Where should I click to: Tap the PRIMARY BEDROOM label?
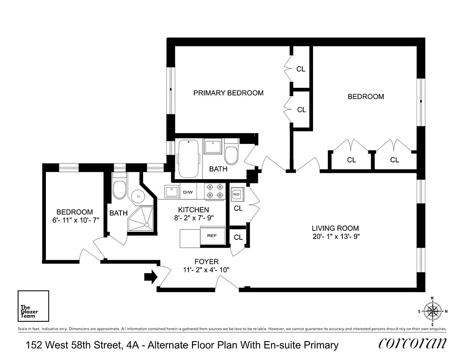[x=228, y=93]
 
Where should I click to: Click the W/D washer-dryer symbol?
[x=237, y=195]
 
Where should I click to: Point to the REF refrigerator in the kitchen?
[x=212, y=236]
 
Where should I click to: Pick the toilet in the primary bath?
[x=231, y=154]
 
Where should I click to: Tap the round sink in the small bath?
[x=137, y=194]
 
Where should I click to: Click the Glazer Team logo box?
[x=33, y=307]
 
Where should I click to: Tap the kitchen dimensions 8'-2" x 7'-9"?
[x=193, y=218]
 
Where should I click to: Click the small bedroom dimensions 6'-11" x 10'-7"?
[x=74, y=220]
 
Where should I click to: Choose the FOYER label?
[x=206, y=261]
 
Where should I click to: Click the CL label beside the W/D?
[x=238, y=208]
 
